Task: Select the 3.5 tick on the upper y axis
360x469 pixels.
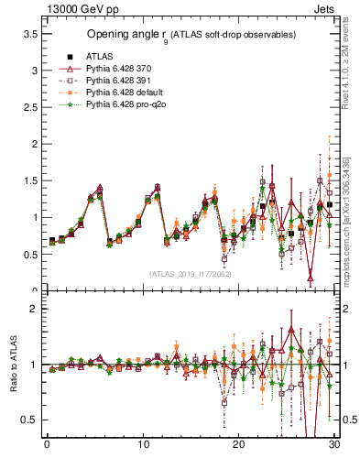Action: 29,34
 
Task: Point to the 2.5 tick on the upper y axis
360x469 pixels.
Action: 29,107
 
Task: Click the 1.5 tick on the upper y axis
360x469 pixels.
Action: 29,180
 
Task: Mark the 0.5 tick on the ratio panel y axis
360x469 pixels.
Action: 29,420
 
